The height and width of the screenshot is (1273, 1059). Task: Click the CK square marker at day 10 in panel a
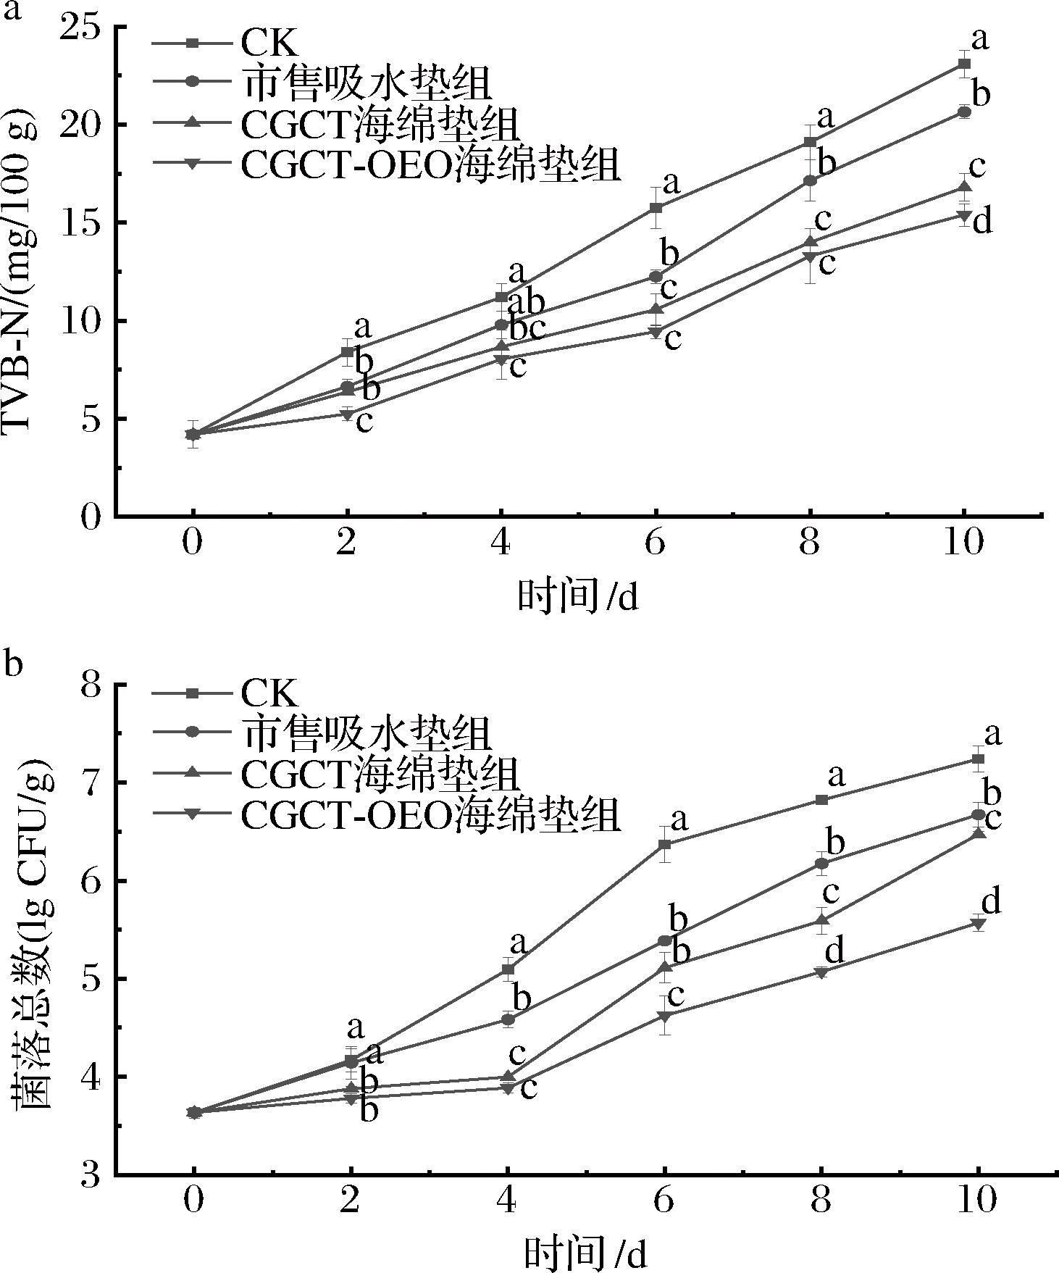[963, 64]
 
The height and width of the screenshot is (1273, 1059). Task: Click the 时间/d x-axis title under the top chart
[577, 596]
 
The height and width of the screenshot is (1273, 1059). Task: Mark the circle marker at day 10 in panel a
[963, 112]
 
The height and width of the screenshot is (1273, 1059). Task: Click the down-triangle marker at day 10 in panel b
[978, 924]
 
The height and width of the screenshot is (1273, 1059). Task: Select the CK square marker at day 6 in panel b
[664, 845]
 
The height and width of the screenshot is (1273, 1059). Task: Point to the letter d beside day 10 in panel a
[981, 222]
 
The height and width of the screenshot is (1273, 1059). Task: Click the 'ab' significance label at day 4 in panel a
[526, 302]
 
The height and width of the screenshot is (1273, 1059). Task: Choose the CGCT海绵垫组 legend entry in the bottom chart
[380, 774]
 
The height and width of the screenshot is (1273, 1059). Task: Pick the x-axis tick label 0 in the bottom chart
[193, 1201]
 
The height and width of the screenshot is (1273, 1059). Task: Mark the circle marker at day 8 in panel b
[821, 863]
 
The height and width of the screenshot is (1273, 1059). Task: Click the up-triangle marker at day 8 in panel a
[811, 241]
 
